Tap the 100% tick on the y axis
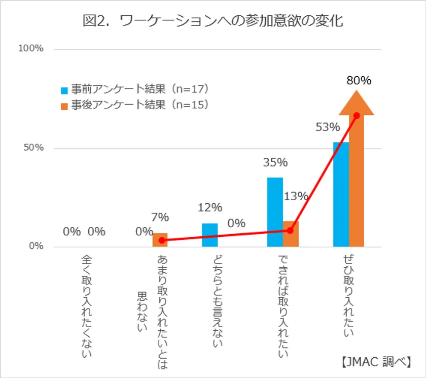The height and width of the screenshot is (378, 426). (31, 49)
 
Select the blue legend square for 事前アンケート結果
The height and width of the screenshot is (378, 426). (64, 91)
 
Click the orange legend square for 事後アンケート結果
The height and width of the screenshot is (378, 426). (64, 105)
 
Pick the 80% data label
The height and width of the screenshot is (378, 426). (359, 80)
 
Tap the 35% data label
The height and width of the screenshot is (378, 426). (275, 163)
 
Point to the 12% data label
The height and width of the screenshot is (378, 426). (210, 207)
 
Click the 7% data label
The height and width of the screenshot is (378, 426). (160, 217)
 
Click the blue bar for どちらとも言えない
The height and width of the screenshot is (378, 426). (210, 235)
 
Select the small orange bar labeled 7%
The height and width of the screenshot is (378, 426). (160, 240)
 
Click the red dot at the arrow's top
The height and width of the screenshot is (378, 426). (357, 115)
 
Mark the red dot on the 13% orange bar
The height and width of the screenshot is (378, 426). (290, 230)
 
